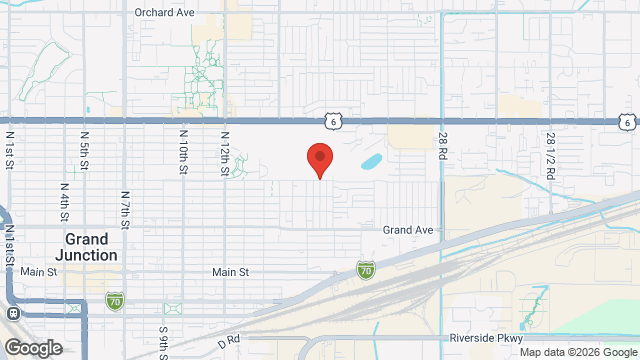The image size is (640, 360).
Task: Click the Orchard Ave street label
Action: (164, 13)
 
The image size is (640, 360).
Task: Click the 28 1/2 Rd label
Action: (550, 154)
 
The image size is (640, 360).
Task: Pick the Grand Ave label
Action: (408, 230)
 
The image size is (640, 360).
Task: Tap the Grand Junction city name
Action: (91, 247)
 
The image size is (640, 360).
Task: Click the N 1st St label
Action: (10, 149)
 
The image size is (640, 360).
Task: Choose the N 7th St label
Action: (124, 208)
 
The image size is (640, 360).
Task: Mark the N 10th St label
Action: (184, 150)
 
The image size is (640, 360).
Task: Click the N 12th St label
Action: (225, 154)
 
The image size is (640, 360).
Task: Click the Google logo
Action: (32, 347)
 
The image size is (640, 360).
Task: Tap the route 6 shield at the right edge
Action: (625, 122)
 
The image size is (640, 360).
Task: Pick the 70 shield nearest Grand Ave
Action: (366, 270)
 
